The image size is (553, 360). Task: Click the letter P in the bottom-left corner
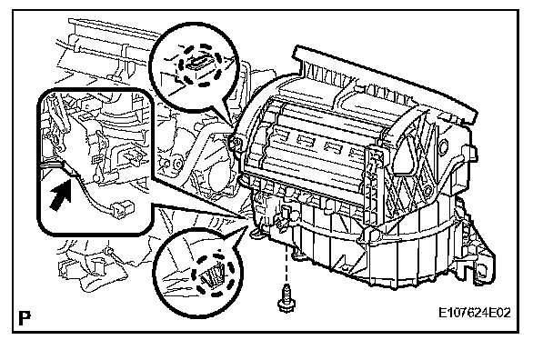pyautogui.click(x=25, y=317)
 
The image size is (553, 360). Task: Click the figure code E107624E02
pyautogui.click(x=475, y=313)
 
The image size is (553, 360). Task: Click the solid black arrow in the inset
pyautogui.click(x=60, y=195)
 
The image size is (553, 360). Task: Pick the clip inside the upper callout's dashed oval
pyautogui.click(x=198, y=63)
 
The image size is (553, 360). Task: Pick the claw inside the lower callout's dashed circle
pyautogui.click(x=212, y=274)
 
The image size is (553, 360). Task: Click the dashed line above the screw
pyautogui.click(x=286, y=265)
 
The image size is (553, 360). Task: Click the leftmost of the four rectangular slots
pyautogui.click(x=280, y=134)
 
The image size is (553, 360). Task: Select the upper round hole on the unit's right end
pyautogui.click(x=444, y=145)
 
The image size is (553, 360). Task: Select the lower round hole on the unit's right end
pyautogui.click(x=427, y=191)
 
